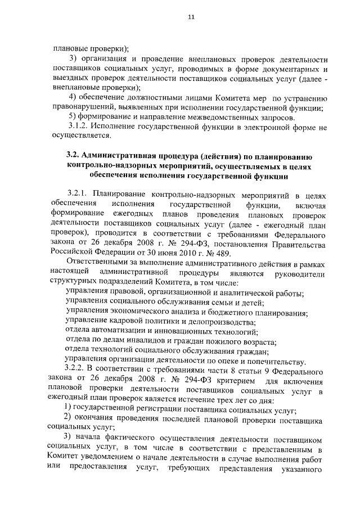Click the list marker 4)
click(72, 97)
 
